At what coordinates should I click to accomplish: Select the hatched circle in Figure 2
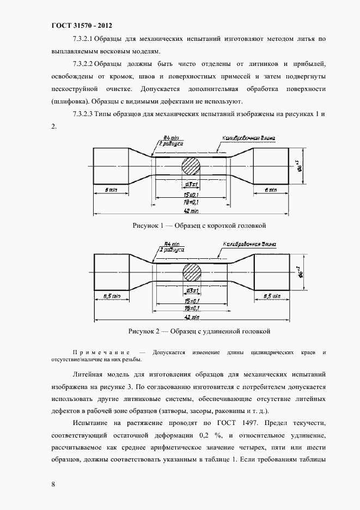pos(192,271)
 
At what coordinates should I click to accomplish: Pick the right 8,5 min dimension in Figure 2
pos(271,295)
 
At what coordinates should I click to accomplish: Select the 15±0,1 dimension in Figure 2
pos(191,300)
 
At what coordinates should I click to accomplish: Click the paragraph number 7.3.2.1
pos(83,39)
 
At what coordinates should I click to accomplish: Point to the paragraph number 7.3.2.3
pos(83,114)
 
